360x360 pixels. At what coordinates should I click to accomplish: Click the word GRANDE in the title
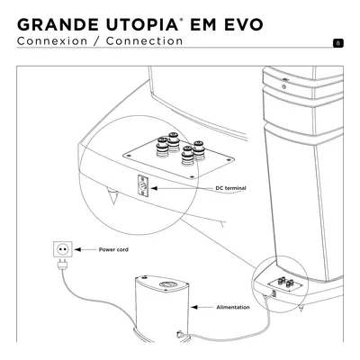pyautogui.click(x=58, y=24)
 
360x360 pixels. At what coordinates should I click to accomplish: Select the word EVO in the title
pyautogui.click(x=244, y=24)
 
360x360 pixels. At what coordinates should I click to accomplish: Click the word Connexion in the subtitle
pyautogui.click(x=52, y=41)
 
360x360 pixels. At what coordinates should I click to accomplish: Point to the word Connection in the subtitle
pyautogui.click(x=144, y=41)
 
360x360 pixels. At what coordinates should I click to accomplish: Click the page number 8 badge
pyautogui.click(x=338, y=43)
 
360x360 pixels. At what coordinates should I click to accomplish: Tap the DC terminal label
pyautogui.click(x=230, y=188)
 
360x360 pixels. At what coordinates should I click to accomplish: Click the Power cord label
pyautogui.click(x=113, y=249)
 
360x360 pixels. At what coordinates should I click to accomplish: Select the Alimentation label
pyautogui.click(x=233, y=307)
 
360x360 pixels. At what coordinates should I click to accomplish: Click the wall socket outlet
pyautogui.click(x=63, y=249)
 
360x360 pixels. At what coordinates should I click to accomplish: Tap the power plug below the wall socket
pyautogui.click(x=63, y=265)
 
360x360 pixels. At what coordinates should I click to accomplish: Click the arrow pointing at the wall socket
pyautogui.click(x=85, y=249)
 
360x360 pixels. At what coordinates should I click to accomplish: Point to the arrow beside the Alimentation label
pyautogui.click(x=202, y=307)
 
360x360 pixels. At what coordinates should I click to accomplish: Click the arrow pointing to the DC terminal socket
pyautogui.click(x=182, y=188)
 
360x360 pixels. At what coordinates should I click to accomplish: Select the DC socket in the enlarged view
pyautogui.click(x=143, y=186)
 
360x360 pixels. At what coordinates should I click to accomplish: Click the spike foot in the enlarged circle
pyautogui.click(x=113, y=195)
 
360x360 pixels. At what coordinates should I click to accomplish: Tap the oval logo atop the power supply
pyautogui.click(x=168, y=284)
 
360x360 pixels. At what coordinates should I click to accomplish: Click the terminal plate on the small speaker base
pyautogui.click(x=284, y=283)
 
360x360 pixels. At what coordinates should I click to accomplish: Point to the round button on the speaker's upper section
pyautogui.click(x=283, y=87)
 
